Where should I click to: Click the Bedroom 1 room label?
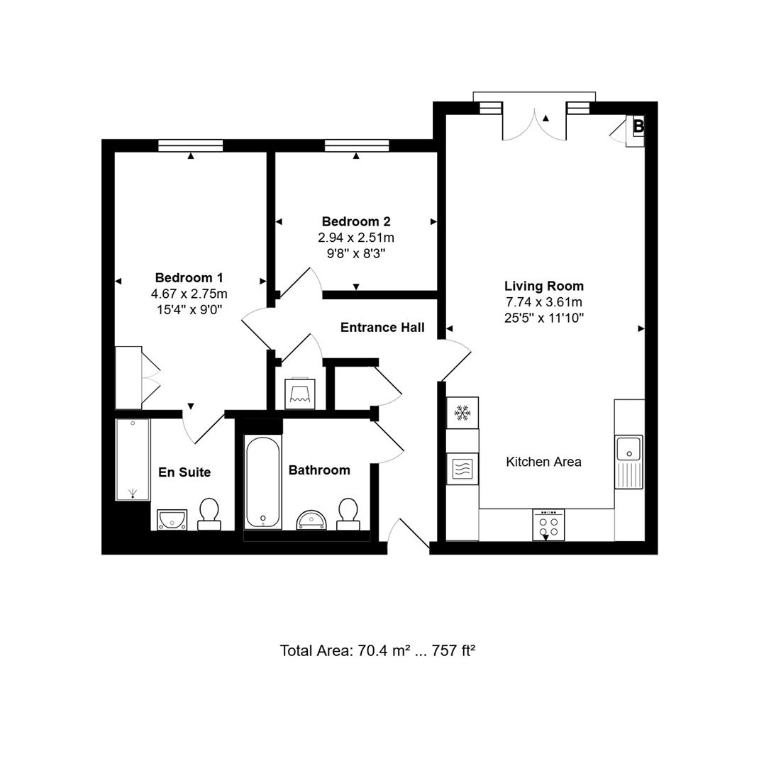(x=189, y=277)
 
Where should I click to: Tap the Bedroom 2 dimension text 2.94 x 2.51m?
(x=356, y=237)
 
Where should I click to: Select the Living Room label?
(x=544, y=286)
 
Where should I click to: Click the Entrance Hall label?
(x=382, y=327)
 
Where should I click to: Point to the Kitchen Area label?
(x=543, y=462)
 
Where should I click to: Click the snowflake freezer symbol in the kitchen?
(x=462, y=412)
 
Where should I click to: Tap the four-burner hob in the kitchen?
(x=548, y=526)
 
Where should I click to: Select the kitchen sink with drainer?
(x=628, y=462)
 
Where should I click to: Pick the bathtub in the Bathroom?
(x=262, y=482)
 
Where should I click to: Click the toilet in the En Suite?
(x=209, y=514)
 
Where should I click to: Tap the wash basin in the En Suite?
(x=172, y=520)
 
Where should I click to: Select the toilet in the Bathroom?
(x=348, y=514)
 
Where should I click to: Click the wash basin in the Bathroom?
(x=312, y=520)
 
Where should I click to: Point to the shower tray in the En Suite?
(x=133, y=459)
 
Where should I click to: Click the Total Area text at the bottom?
(x=377, y=650)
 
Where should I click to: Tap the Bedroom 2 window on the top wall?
(x=357, y=145)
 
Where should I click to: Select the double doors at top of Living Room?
(x=534, y=122)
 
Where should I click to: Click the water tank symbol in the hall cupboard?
(x=300, y=394)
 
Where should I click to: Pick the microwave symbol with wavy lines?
(x=462, y=469)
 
